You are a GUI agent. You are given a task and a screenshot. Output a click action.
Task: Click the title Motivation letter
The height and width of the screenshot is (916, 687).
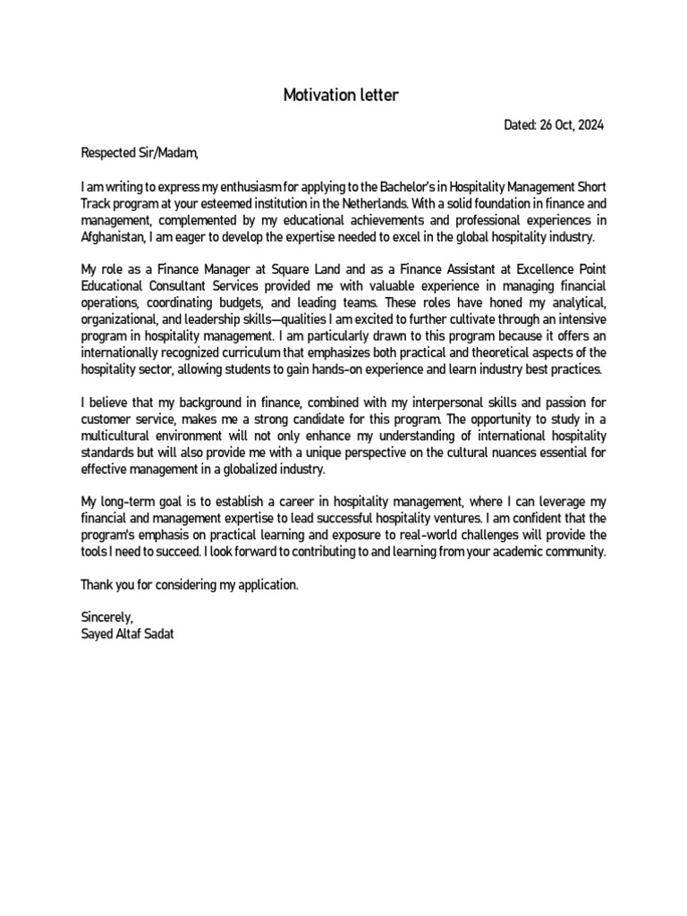pos(343,94)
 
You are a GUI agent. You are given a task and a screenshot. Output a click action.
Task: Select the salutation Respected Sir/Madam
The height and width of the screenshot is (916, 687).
pos(139,153)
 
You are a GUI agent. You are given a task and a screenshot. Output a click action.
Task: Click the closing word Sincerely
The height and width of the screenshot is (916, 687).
pos(106,617)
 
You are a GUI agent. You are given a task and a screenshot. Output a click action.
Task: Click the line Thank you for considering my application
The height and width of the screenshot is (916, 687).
pos(188,584)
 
